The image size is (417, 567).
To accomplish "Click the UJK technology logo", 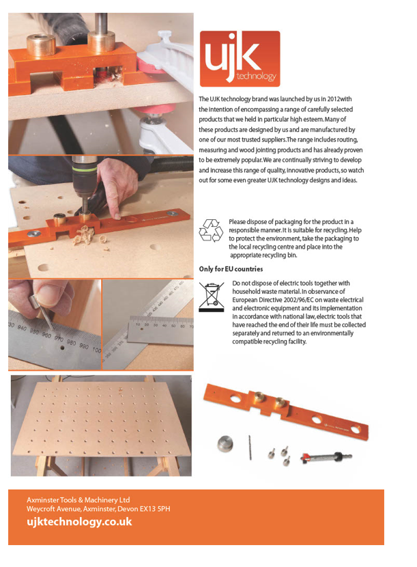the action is [240, 59].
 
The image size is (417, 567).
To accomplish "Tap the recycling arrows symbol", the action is [211, 230].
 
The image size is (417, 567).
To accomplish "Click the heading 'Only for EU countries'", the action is [231, 269].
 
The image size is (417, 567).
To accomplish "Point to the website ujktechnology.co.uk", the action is [79, 522].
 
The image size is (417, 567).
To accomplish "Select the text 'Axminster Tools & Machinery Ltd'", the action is [78, 500].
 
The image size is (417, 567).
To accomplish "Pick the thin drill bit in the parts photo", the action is [250, 447].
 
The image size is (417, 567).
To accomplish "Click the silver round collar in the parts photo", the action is [225, 443].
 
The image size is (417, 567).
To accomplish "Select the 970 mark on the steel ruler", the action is [58, 338].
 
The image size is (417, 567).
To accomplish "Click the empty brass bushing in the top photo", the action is [41, 44].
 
